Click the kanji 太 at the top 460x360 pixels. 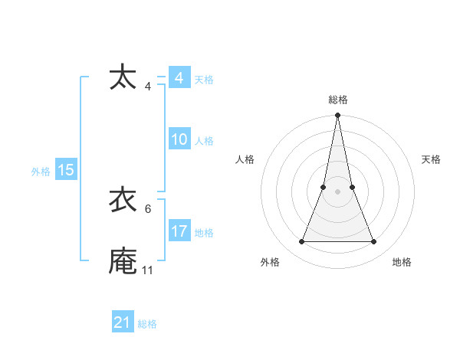[123, 78]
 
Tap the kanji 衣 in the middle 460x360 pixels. [123, 200]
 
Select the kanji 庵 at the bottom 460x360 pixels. [123, 260]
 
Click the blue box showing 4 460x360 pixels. [179, 78]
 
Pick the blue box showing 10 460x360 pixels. [179, 139]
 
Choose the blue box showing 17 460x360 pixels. [179, 231]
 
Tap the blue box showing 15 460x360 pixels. [66, 170]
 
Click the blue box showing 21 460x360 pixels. [123, 322]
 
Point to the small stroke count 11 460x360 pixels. [147, 270]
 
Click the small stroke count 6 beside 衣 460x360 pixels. [147, 209]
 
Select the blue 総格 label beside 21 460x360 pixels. [147, 324]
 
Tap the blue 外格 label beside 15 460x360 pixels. [41, 172]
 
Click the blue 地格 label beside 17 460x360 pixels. [204, 233]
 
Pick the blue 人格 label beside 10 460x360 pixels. [204, 141]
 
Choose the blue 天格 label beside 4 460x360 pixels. [204, 80]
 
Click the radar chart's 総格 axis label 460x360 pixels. [338, 100]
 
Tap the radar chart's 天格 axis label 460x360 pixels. [431, 159]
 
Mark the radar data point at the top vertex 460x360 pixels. [338, 116]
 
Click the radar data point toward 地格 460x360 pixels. [374, 242]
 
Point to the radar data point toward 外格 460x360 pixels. [301, 242]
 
